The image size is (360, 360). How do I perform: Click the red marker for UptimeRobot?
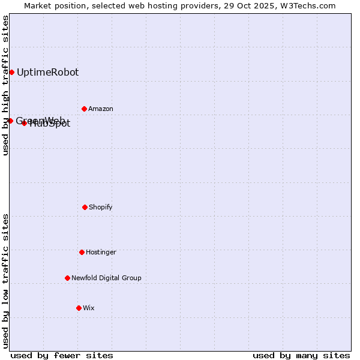tap(11, 72)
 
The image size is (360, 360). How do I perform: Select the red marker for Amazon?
tap(84, 109)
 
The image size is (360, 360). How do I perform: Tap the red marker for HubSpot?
tap(24, 123)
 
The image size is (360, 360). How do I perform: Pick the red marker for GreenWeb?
tap(10, 121)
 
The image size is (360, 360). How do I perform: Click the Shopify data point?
tap(85, 207)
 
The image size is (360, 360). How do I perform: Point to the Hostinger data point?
tap(82, 252)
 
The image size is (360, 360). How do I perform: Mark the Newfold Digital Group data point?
tap(67, 278)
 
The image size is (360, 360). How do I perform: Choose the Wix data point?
tap(79, 308)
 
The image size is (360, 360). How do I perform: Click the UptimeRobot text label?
tap(47, 72)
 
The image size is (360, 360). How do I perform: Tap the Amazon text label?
tap(101, 109)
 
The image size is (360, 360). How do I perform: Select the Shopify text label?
tap(101, 207)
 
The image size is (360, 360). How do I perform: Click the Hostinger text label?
tap(101, 252)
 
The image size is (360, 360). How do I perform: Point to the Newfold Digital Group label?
tap(106, 278)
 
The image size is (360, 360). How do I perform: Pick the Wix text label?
tap(89, 308)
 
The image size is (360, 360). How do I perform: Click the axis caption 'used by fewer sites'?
tap(62, 355)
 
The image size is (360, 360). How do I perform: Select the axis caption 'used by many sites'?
tap(301, 355)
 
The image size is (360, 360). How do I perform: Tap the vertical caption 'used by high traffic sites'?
tap(5, 85)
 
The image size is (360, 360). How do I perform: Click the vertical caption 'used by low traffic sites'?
tap(5, 281)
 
